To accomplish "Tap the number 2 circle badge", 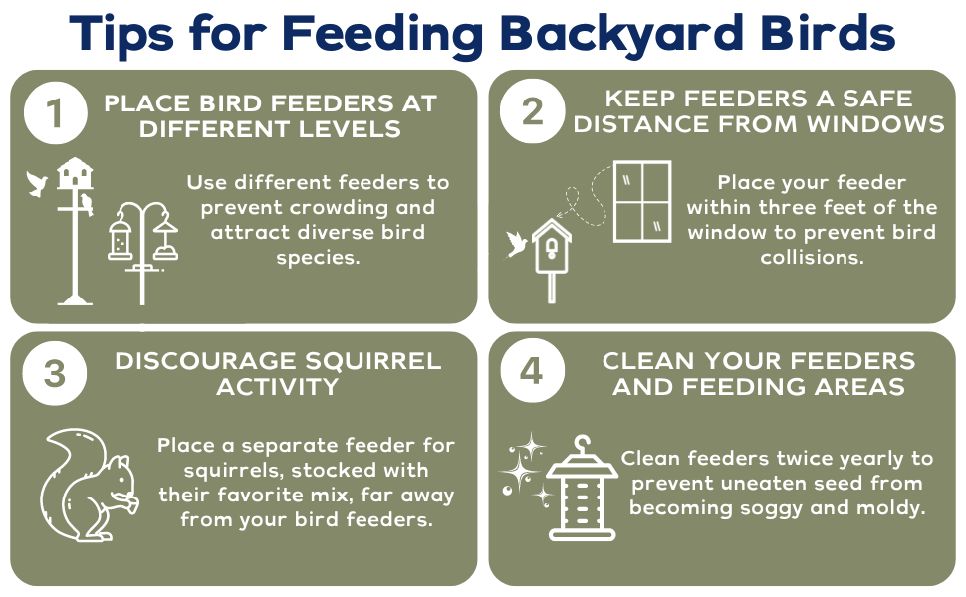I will [x=533, y=112].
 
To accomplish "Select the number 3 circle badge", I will [x=54, y=375].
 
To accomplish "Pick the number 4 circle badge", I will [x=533, y=375].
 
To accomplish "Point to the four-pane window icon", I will [x=641, y=201].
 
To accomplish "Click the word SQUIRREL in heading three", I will [x=371, y=360].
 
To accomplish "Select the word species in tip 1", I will [x=317, y=258].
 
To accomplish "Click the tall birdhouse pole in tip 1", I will [x=73, y=239].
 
